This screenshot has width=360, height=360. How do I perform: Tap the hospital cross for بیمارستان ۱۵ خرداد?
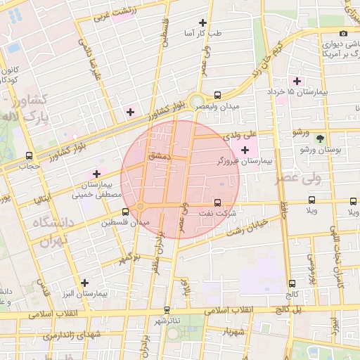pyautogui.click(x=297, y=81)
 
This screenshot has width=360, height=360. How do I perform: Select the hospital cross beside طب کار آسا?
pyautogui.click(x=203, y=22)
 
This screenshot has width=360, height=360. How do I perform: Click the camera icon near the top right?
pyautogui.click(x=343, y=33)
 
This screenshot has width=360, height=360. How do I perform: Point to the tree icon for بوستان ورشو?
pyautogui.click(x=321, y=139)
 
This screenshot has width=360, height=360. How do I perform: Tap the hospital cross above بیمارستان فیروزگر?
pyautogui.click(x=245, y=150)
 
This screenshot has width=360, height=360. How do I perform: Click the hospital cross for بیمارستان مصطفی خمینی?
pyautogui.click(x=96, y=173)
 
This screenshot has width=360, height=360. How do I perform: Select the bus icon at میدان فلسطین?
pyautogui.click(x=125, y=211)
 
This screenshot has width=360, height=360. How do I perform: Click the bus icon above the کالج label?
pyautogui.click(x=292, y=283)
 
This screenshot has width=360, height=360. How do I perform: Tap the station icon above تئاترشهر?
pyautogui.click(x=167, y=309)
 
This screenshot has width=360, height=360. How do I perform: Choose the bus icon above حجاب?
pyautogui.click(x=29, y=155)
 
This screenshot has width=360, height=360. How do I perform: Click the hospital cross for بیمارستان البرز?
pyautogui.click(x=84, y=282)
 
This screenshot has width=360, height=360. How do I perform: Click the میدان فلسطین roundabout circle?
pyautogui.click(x=141, y=206)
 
